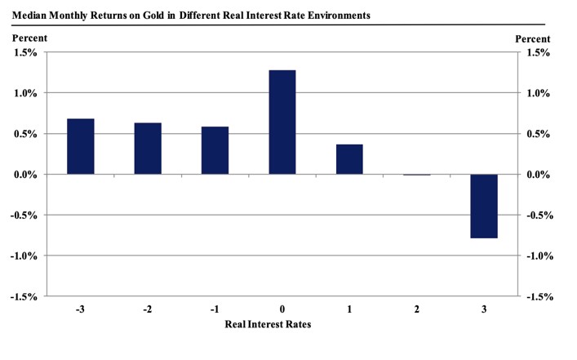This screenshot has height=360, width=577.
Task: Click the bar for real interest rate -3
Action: pos(81,147)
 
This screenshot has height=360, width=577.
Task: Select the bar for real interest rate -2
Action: pos(148,149)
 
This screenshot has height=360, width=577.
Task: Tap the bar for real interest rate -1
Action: pos(215,150)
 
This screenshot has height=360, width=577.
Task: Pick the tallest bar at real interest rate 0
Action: pos(282,122)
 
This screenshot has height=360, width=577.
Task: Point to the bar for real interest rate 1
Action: pos(349,159)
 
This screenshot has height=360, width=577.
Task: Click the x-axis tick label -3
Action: pos(80,310)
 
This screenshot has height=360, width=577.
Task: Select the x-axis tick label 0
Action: pos(282,310)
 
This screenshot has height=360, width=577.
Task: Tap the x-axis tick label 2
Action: pos(417,310)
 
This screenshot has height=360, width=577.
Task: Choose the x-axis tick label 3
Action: pos(484,310)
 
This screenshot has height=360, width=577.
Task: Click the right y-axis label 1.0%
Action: pos(539,93)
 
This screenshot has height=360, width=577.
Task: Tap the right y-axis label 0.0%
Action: pos(539,175)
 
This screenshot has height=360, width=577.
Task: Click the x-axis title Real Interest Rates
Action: pos(268,324)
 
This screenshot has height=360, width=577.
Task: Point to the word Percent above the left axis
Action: pos(29,38)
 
